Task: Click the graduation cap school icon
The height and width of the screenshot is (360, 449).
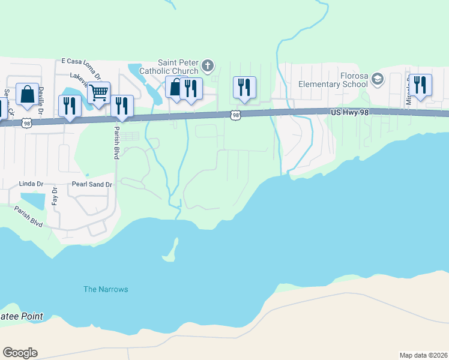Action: click(x=378, y=79)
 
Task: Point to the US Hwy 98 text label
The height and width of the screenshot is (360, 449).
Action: click(x=348, y=112)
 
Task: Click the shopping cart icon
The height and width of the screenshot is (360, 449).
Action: click(x=98, y=93)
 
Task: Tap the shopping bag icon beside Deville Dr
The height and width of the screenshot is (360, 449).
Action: click(x=27, y=94)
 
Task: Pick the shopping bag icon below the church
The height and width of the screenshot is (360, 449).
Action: click(x=175, y=88)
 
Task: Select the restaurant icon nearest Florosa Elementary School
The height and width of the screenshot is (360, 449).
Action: click(x=420, y=86)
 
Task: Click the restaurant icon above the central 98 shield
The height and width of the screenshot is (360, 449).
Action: click(x=244, y=87)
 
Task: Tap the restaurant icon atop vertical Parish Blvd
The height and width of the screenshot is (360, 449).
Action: click(x=122, y=106)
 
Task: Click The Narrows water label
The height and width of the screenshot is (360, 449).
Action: click(x=106, y=289)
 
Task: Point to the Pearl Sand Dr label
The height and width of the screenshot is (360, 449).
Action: click(x=92, y=184)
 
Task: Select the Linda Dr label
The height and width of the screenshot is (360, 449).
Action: click(x=32, y=183)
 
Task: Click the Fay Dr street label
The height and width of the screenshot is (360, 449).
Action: click(x=55, y=196)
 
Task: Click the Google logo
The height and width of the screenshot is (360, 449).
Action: click(x=20, y=353)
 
